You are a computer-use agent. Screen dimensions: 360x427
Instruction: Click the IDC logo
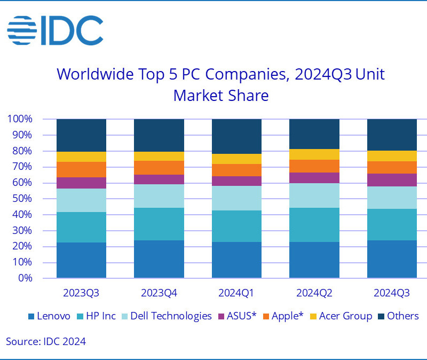click(54, 30)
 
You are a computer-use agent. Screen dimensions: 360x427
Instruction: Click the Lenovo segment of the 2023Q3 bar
click(81, 260)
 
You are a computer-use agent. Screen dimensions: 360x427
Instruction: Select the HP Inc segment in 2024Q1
click(236, 226)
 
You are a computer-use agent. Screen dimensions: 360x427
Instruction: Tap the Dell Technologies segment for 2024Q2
click(314, 195)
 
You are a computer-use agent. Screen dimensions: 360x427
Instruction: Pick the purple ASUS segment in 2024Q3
click(391, 180)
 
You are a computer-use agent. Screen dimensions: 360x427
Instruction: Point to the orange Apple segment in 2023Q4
click(159, 167)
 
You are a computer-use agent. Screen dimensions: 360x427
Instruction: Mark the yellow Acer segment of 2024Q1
click(236, 159)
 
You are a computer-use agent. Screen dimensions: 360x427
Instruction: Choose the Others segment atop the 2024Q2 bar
click(314, 134)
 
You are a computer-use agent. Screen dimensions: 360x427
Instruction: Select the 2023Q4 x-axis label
click(159, 293)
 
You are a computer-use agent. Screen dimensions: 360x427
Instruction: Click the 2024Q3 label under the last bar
click(391, 293)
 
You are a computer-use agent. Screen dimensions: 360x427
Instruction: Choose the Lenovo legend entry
click(49, 316)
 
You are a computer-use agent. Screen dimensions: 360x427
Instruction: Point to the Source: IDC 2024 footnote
click(46, 341)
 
